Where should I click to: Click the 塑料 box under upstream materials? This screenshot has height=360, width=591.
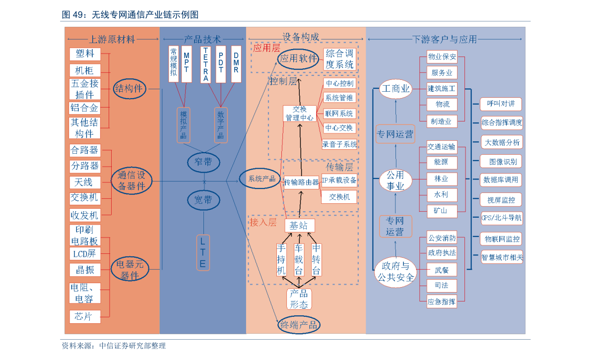[85, 54]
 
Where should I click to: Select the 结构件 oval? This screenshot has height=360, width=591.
[129, 89]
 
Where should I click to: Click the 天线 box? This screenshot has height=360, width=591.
[85, 182]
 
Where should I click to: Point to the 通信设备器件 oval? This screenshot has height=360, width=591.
[131, 180]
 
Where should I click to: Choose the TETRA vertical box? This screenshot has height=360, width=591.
[205, 64]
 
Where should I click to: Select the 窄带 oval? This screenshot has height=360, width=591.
[203, 161]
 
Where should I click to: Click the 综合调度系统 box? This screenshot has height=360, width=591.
[340, 59]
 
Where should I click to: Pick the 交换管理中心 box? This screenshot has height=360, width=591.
[299, 114]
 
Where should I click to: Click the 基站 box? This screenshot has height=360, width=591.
[300, 226]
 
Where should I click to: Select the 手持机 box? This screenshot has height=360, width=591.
[281, 259]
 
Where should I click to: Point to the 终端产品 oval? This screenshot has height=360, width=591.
[299, 325]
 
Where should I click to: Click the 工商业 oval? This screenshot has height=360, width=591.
[395, 89]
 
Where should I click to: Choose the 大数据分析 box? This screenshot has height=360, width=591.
[502, 142]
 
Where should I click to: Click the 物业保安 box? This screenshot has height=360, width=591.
[442, 57]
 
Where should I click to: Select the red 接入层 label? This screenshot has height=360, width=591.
[263, 222]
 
